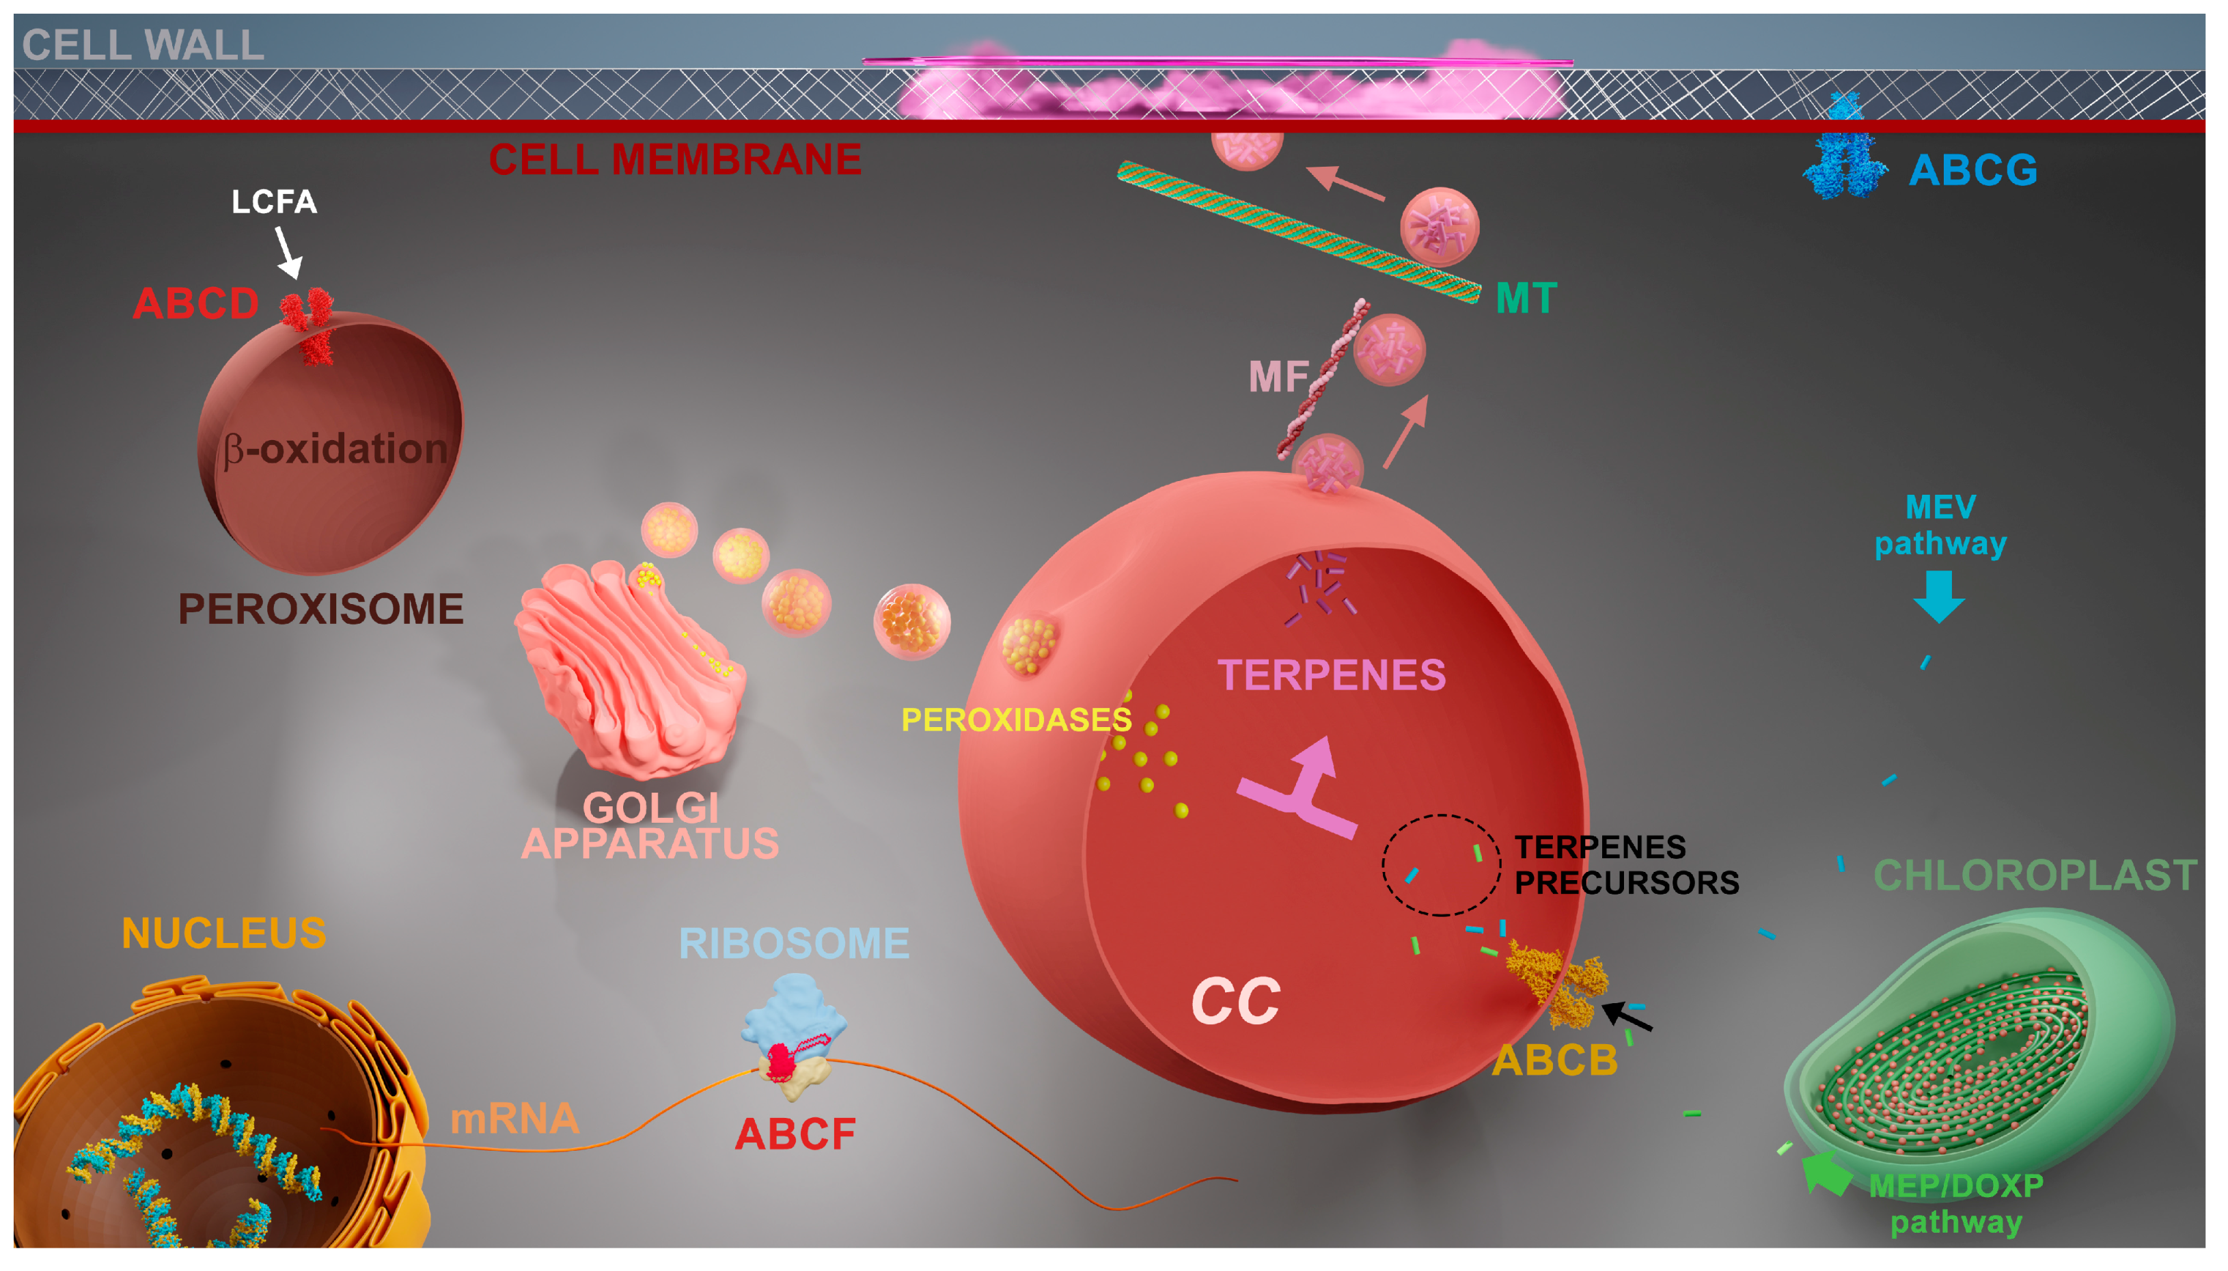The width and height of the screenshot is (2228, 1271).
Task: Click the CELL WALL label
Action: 142,45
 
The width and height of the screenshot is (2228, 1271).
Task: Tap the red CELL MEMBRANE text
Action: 674,160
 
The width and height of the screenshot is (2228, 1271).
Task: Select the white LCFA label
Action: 274,202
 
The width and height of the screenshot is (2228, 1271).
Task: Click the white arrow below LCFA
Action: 288,252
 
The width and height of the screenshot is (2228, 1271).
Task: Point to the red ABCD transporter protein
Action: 308,325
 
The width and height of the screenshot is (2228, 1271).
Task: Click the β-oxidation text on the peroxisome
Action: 336,449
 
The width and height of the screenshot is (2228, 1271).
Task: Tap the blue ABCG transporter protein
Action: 1843,158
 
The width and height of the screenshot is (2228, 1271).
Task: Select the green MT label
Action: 1526,299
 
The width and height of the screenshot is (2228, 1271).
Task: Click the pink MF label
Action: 1278,377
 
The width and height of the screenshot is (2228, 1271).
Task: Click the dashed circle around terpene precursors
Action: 1440,864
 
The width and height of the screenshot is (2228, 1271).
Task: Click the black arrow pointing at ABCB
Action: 1627,1017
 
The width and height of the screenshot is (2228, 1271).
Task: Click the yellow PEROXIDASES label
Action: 1016,720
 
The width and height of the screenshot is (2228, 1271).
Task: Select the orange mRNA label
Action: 514,1118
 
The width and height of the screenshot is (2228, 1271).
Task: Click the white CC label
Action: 1236,1000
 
